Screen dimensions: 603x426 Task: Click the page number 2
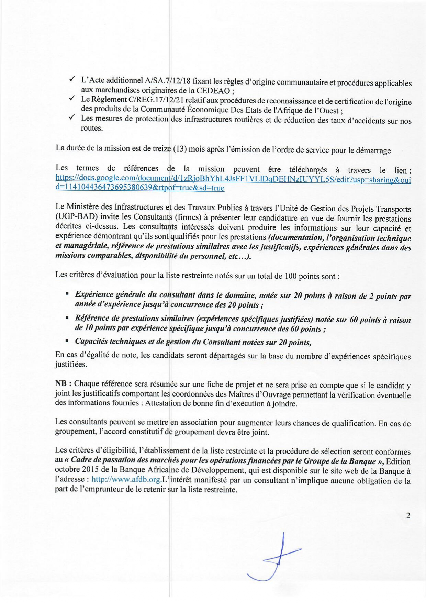click(408, 515)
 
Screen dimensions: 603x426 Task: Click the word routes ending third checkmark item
click(92, 128)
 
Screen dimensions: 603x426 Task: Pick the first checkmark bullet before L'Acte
click(72, 80)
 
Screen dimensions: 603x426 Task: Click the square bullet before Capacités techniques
click(67, 342)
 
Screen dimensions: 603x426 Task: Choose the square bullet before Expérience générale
click(67, 294)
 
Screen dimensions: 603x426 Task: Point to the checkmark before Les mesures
click(72, 118)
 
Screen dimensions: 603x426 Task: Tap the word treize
click(161, 149)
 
